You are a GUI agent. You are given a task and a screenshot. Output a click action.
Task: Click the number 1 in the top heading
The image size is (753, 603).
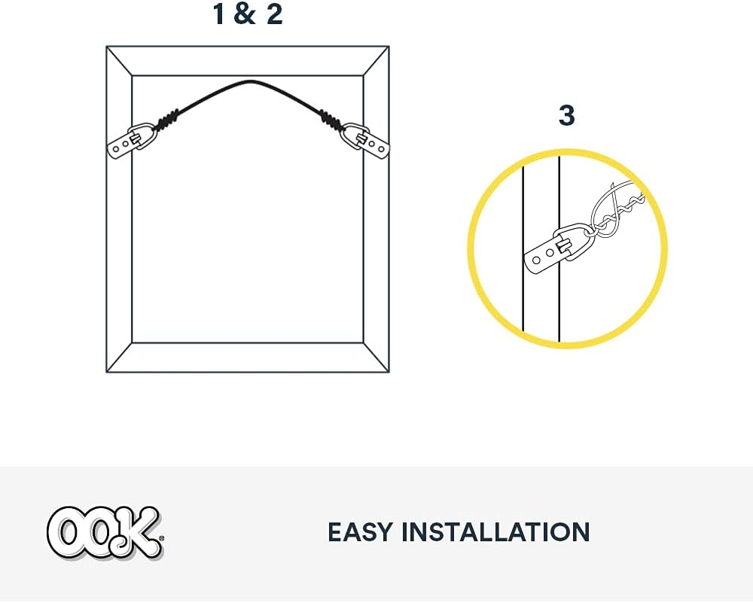[x=218, y=14]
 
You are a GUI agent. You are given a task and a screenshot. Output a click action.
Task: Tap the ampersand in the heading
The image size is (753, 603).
[x=245, y=14]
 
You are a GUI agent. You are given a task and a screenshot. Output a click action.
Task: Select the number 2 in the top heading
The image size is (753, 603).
[x=275, y=14]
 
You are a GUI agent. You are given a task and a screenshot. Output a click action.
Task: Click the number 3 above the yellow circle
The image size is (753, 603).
[x=567, y=115]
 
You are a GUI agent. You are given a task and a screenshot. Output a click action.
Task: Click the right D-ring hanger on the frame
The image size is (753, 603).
[x=365, y=141]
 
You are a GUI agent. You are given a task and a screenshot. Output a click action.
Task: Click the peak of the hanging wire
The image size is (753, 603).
[x=249, y=81]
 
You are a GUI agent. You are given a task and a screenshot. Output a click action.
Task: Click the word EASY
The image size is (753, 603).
[x=360, y=532]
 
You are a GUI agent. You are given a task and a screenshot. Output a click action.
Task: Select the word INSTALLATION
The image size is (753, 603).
[x=495, y=532]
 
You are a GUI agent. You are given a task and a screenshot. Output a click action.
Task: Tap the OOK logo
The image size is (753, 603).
[x=105, y=533]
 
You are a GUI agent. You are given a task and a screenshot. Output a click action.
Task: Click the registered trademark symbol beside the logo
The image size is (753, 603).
[x=161, y=539]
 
